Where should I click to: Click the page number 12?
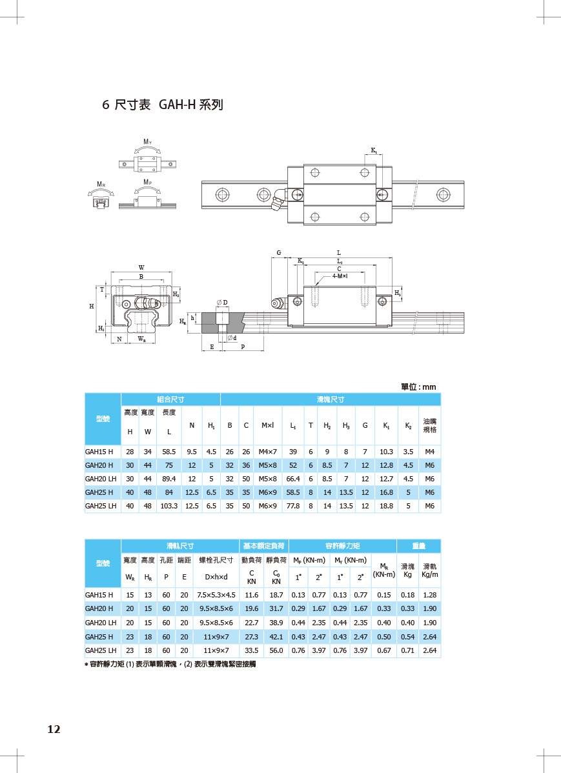pos(54,729)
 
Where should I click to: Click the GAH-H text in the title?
pos(177,105)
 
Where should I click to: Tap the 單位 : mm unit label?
pos(418,387)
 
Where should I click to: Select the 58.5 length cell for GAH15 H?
pos(168,452)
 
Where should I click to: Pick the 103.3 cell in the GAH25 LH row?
pos(168,506)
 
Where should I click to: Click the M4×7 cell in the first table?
pos(267,452)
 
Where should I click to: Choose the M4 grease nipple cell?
pos(429,452)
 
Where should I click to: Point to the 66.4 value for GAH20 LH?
pos(293,479)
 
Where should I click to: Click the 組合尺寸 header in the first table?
pos(170,399)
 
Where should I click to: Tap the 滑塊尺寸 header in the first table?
pos(331,399)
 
